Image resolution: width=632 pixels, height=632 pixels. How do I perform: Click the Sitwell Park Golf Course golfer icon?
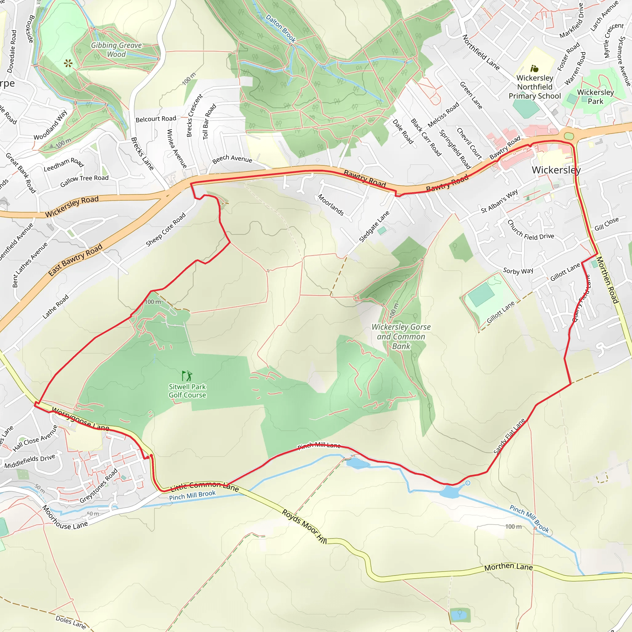[x=187, y=376]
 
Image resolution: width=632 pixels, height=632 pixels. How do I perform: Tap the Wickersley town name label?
[x=556, y=170]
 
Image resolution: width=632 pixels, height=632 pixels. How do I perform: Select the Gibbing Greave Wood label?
[x=116, y=50]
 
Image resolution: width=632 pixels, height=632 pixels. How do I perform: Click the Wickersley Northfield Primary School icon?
[x=534, y=69]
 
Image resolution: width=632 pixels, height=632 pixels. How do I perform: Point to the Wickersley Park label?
[x=595, y=97]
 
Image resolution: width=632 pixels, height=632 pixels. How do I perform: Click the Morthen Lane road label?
[x=508, y=567]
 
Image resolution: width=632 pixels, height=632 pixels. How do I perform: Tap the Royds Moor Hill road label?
[x=304, y=526]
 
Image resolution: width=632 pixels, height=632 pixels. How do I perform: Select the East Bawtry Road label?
[x=75, y=260]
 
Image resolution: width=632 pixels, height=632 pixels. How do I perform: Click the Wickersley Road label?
[x=72, y=207]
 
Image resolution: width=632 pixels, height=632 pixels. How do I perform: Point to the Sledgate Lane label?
[x=374, y=227]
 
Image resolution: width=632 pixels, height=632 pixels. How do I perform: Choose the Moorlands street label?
[x=331, y=205]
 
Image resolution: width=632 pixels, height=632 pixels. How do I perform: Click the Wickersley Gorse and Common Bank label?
[x=401, y=336]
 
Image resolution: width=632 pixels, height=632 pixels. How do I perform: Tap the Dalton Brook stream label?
[x=281, y=28]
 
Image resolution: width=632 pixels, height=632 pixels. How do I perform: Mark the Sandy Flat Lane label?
[x=509, y=436]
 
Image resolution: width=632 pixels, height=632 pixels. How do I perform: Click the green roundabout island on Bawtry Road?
[x=569, y=136]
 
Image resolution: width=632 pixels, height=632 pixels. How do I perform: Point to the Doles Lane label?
[x=71, y=622]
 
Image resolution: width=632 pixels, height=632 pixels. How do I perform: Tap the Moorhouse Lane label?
[x=65, y=518]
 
